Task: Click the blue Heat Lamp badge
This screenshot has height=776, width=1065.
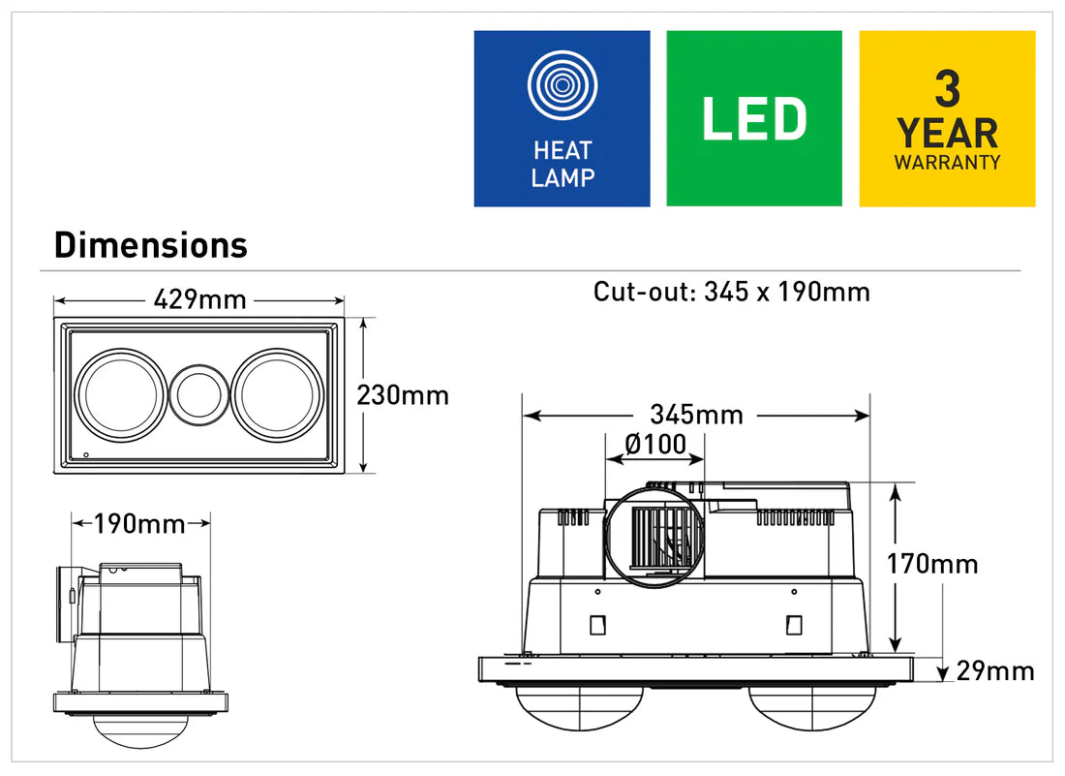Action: pos(562,118)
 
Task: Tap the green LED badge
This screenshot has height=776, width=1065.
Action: pos(753,118)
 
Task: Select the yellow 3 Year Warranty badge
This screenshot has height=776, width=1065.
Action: pos(947,118)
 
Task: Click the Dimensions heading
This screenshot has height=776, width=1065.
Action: pos(151,245)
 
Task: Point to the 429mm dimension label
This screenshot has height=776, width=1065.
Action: pos(199,299)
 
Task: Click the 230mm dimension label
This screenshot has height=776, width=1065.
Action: pos(403,395)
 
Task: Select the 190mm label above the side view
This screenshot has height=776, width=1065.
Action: pos(139,524)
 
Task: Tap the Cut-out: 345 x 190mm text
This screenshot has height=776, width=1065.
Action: pos(731,292)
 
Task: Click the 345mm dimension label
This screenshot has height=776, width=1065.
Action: pos(696,415)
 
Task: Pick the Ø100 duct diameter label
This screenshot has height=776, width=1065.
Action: pos(655,445)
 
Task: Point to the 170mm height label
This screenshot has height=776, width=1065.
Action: pos(932,563)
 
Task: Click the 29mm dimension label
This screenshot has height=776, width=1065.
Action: pos(995,670)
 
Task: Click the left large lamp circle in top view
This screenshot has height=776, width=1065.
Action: pos(120,396)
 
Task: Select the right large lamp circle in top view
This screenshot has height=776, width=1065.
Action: pos(274,396)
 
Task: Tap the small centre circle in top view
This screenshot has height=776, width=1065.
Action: pos(198,396)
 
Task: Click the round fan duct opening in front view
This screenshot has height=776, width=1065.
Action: pos(654,539)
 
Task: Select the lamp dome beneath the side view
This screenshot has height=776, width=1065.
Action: pos(141,731)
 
